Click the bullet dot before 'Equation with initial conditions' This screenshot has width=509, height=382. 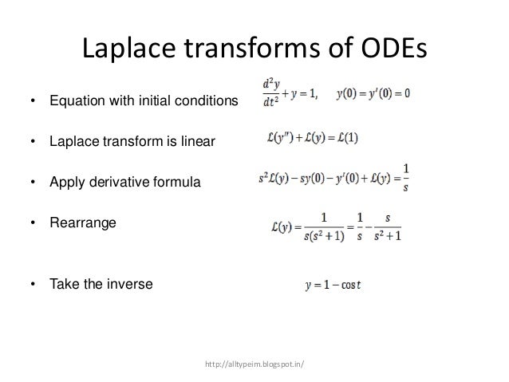pos(32,102)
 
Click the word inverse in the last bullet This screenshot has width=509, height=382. pos(130,284)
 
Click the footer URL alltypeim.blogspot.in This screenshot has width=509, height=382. pos(254,366)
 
